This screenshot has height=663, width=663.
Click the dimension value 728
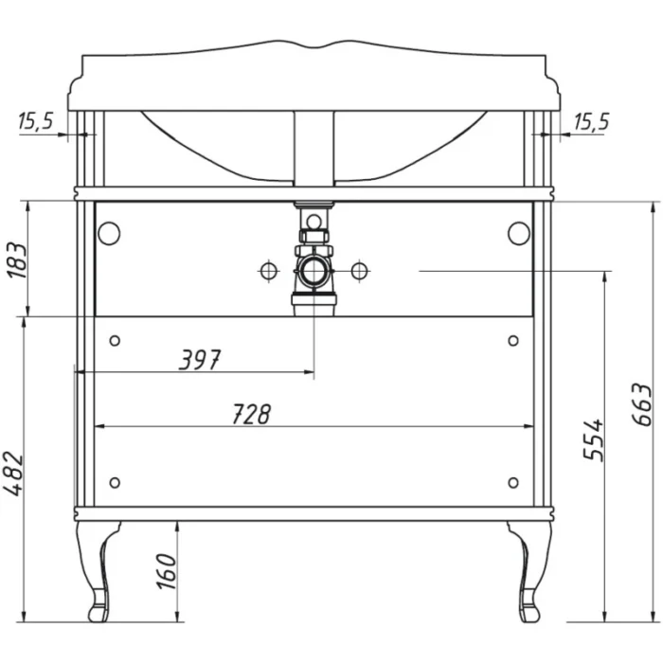point(251,414)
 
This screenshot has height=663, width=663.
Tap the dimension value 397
point(200,360)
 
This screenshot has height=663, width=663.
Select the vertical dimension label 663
point(641,404)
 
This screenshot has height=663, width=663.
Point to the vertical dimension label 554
point(593,439)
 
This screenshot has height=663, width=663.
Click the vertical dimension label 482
point(13,474)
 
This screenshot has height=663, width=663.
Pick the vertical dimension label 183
point(17,260)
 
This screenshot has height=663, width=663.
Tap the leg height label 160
point(166,571)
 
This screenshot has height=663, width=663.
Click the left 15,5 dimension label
point(36,121)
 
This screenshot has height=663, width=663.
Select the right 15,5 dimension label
point(592,122)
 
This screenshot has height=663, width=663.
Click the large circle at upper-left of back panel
point(109,233)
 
